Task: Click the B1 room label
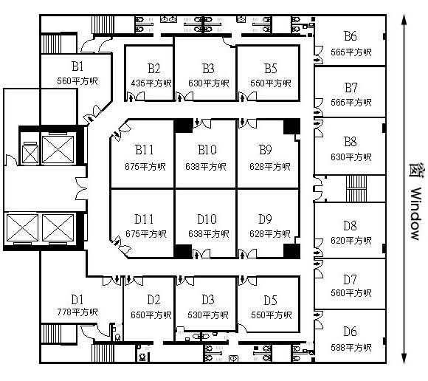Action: tap(77, 66)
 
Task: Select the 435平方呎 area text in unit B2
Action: tap(151, 83)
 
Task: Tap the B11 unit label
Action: tap(144, 150)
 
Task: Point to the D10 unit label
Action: tap(207, 219)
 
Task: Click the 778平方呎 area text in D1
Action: tap(77, 312)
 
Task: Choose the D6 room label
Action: tap(351, 332)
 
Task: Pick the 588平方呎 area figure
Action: tap(351, 348)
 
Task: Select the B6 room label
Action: tap(351, 36)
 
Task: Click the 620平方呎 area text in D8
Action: tap(351, 241)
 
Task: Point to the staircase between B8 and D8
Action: tap(356, 189)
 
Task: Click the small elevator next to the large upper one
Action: tap(30, 154)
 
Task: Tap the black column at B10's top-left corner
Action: tap(183, 126)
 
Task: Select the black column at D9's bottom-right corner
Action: tap(291, 251)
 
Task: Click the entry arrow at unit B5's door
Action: tap(242, 97)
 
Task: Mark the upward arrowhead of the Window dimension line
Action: tap(404, 20)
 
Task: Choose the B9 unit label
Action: tap(266, 150)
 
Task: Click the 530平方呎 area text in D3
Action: tap(208, 315)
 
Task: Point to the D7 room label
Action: tap(351, 279)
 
